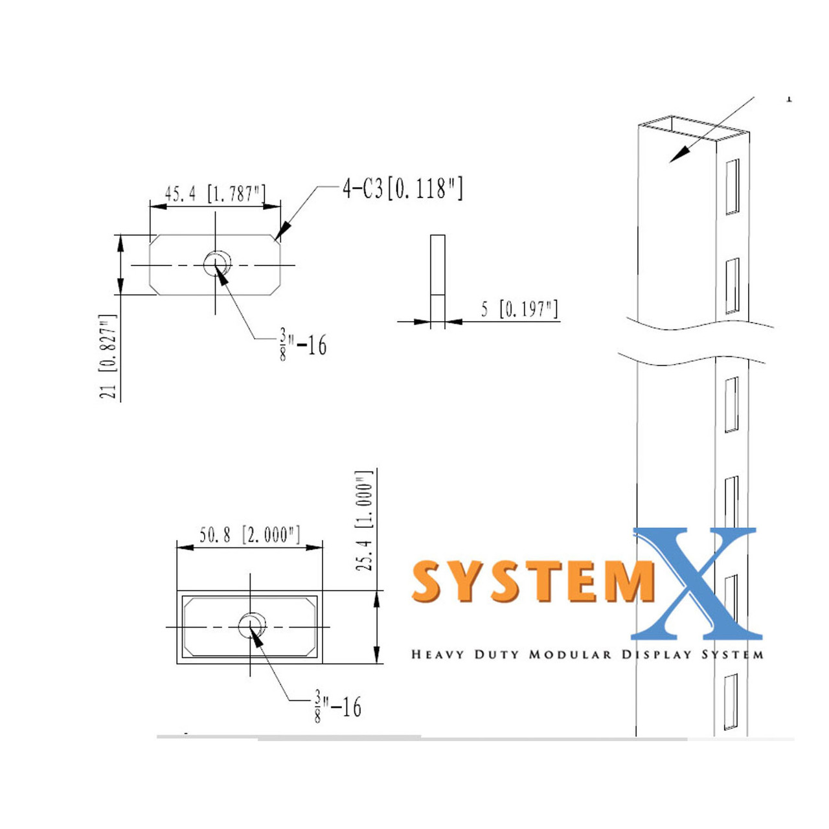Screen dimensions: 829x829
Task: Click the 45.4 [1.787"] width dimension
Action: pyautogui.click(x=214, y=193)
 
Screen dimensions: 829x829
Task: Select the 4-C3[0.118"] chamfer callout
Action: pyautogui.click(x=402, y=188)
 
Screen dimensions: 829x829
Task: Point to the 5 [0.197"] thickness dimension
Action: pyautogui.click(x=519, y=309)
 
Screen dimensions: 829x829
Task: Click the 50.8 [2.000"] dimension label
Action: pyautogui.click(x=249, y=535)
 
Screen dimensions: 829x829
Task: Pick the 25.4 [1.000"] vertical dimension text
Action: pyautogui.click(x=365, y=521)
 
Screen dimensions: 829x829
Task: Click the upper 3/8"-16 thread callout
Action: pyautogui.click(x=303, y=344)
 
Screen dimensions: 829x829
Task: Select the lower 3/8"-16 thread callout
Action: pyautogui.click(x=337, y=706)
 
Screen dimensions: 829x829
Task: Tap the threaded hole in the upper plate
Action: pyautogui.click(x=216, y=264)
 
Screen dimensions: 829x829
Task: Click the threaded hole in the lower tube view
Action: pyautogui.click(x=251, y=626)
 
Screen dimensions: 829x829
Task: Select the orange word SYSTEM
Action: pyautogui.click(x=531, y=581)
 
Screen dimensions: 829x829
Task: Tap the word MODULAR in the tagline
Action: pyautogui.click(x=569, y=655)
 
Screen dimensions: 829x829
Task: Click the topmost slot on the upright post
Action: pyautogui.click(x=732, y=187)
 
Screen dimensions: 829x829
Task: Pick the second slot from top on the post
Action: pyautogui.click(x=732, y=286)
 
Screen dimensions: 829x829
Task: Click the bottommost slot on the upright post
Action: pyautogui.click(x=731, y=701)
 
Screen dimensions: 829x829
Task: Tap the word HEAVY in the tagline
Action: pyautogui.click(x=437, y=655)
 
